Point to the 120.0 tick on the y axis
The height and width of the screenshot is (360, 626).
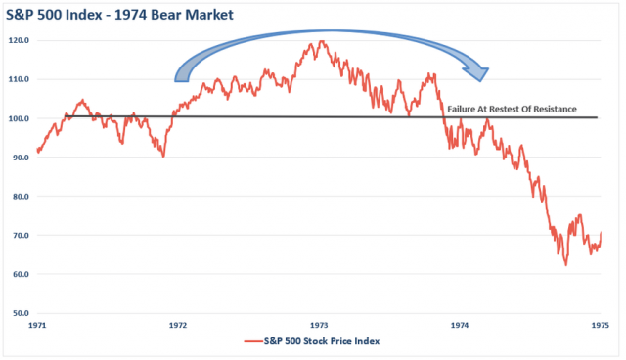[x=21, y=41]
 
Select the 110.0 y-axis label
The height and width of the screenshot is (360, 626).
[x=21, y=79]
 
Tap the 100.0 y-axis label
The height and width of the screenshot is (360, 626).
[x=21, y=118]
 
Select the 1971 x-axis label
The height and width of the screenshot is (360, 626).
[x=37, y=325]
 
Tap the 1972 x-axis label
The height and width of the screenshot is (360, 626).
[x=178, y=325]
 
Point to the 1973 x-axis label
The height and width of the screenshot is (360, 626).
[x=319, y=325]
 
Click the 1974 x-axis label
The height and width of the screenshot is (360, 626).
[x=460, y=325]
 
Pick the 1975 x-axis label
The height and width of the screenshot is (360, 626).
[x=600, y=325]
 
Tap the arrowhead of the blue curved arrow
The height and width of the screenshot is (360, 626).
[x=478, y=70]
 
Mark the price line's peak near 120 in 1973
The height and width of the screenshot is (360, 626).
[x=319, y=41]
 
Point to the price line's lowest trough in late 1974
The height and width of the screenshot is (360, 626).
[x=565, y=265]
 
